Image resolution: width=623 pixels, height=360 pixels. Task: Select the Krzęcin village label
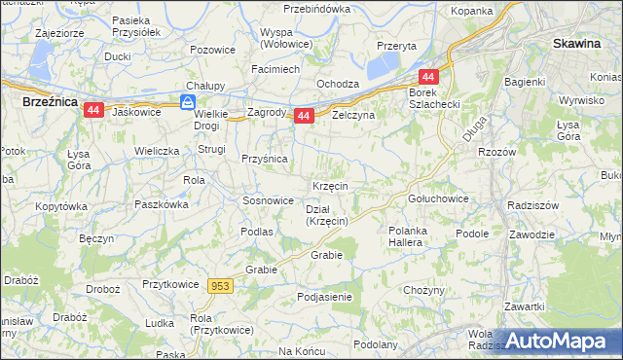point(331,185)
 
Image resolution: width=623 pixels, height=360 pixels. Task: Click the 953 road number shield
point(220,285)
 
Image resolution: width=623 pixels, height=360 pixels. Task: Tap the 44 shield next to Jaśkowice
point(93,111)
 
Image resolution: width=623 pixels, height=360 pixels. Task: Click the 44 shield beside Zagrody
point(303,116)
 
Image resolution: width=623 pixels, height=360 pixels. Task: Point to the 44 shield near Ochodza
point(428,77)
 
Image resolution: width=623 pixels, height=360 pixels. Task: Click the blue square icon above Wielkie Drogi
point(188,100)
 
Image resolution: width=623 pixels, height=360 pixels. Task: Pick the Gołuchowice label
point(438,198)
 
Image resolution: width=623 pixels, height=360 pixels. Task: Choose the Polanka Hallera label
point(405,236)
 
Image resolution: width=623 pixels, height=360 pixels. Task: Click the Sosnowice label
point(268,200)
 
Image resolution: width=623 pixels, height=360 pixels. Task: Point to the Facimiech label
point(275,70)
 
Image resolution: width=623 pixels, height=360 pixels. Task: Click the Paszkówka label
point(162,204)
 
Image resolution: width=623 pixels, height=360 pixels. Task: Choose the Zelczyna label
point(353,114)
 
